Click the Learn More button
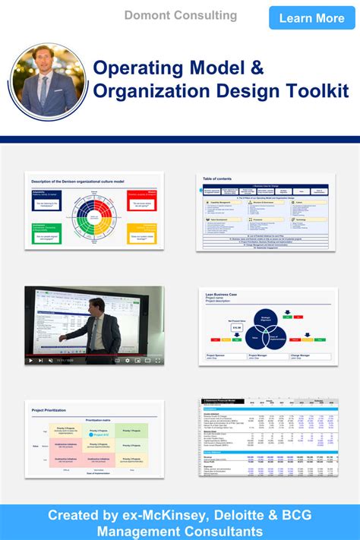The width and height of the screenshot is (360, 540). tap(311, 17)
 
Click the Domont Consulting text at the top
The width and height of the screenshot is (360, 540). tap(181, 15)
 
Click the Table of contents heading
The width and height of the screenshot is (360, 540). tap(218, 178)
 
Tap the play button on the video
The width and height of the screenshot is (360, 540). tap(30, 360)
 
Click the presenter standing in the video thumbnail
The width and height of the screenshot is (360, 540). tap(93, 323)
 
